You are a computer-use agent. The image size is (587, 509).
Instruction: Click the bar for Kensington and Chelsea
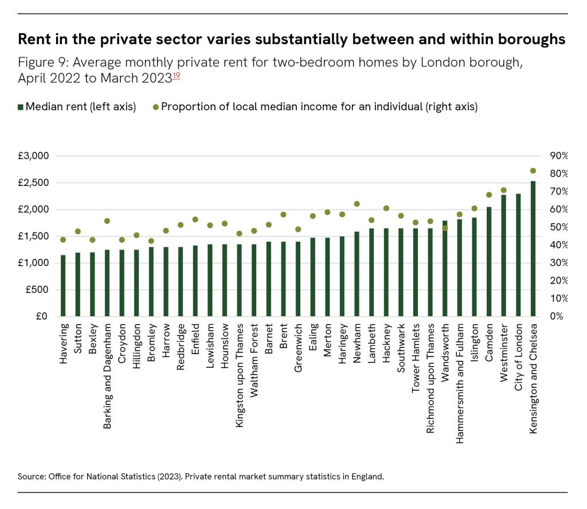click(533, 249)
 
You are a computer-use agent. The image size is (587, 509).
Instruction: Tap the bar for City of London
click(518, 255)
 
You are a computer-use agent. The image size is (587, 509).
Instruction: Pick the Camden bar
click(489, 262)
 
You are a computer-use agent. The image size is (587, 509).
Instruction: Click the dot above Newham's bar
click(357, 204)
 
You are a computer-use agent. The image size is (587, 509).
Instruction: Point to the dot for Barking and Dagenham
click(107, 221)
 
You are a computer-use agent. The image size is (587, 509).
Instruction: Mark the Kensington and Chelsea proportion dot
click(533, 170)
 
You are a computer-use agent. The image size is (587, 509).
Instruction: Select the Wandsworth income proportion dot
click(445, 228)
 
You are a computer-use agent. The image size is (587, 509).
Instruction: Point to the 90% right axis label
click(558, 156)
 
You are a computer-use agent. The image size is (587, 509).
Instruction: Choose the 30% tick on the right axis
click(558, 263)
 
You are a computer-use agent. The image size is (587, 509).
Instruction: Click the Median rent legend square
click(21, 107)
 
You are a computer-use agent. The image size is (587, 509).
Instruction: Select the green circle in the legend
click(155, 107)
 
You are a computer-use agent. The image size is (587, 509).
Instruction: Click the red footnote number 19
click(177, 75)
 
